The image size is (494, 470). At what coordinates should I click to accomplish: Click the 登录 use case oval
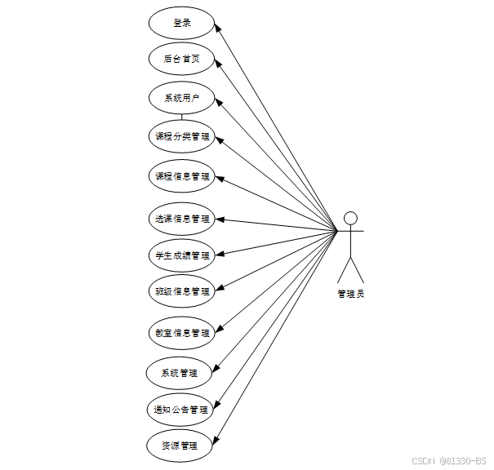point(181,23)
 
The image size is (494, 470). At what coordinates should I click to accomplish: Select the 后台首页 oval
point(181,59)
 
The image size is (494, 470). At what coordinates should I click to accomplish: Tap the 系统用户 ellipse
point(181,99)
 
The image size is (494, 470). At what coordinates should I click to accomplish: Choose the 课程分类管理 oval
point(181,136)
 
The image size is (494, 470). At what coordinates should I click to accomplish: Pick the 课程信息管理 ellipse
point(181,175)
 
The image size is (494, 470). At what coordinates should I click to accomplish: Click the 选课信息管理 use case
point(181,219)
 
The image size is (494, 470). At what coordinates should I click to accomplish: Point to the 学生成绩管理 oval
point(181,255)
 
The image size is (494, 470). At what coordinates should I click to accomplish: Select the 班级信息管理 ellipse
point(181,291)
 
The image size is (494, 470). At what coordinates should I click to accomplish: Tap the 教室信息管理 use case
point(181,333)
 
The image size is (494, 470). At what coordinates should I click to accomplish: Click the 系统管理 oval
point(181,373)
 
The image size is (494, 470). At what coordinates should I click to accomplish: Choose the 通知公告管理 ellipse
point(181,410)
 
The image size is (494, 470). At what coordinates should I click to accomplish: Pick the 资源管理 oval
point(181,446)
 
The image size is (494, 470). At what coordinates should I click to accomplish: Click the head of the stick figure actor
point(350,218)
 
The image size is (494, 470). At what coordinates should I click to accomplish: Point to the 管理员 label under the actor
point(350,294)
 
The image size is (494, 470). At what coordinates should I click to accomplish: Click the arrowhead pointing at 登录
point(219,27)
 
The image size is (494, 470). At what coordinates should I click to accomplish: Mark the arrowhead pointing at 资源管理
point(217,441)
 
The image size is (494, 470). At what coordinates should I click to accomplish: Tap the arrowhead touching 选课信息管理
point(219,219)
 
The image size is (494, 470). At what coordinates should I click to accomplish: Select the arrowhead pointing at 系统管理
point(218,369)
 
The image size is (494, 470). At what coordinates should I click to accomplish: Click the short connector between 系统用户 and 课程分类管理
point(181,116)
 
